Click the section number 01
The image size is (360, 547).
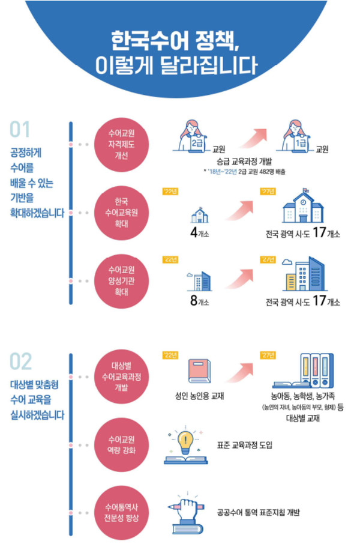[20, 129]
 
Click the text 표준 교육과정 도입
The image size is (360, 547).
[244, 445]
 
